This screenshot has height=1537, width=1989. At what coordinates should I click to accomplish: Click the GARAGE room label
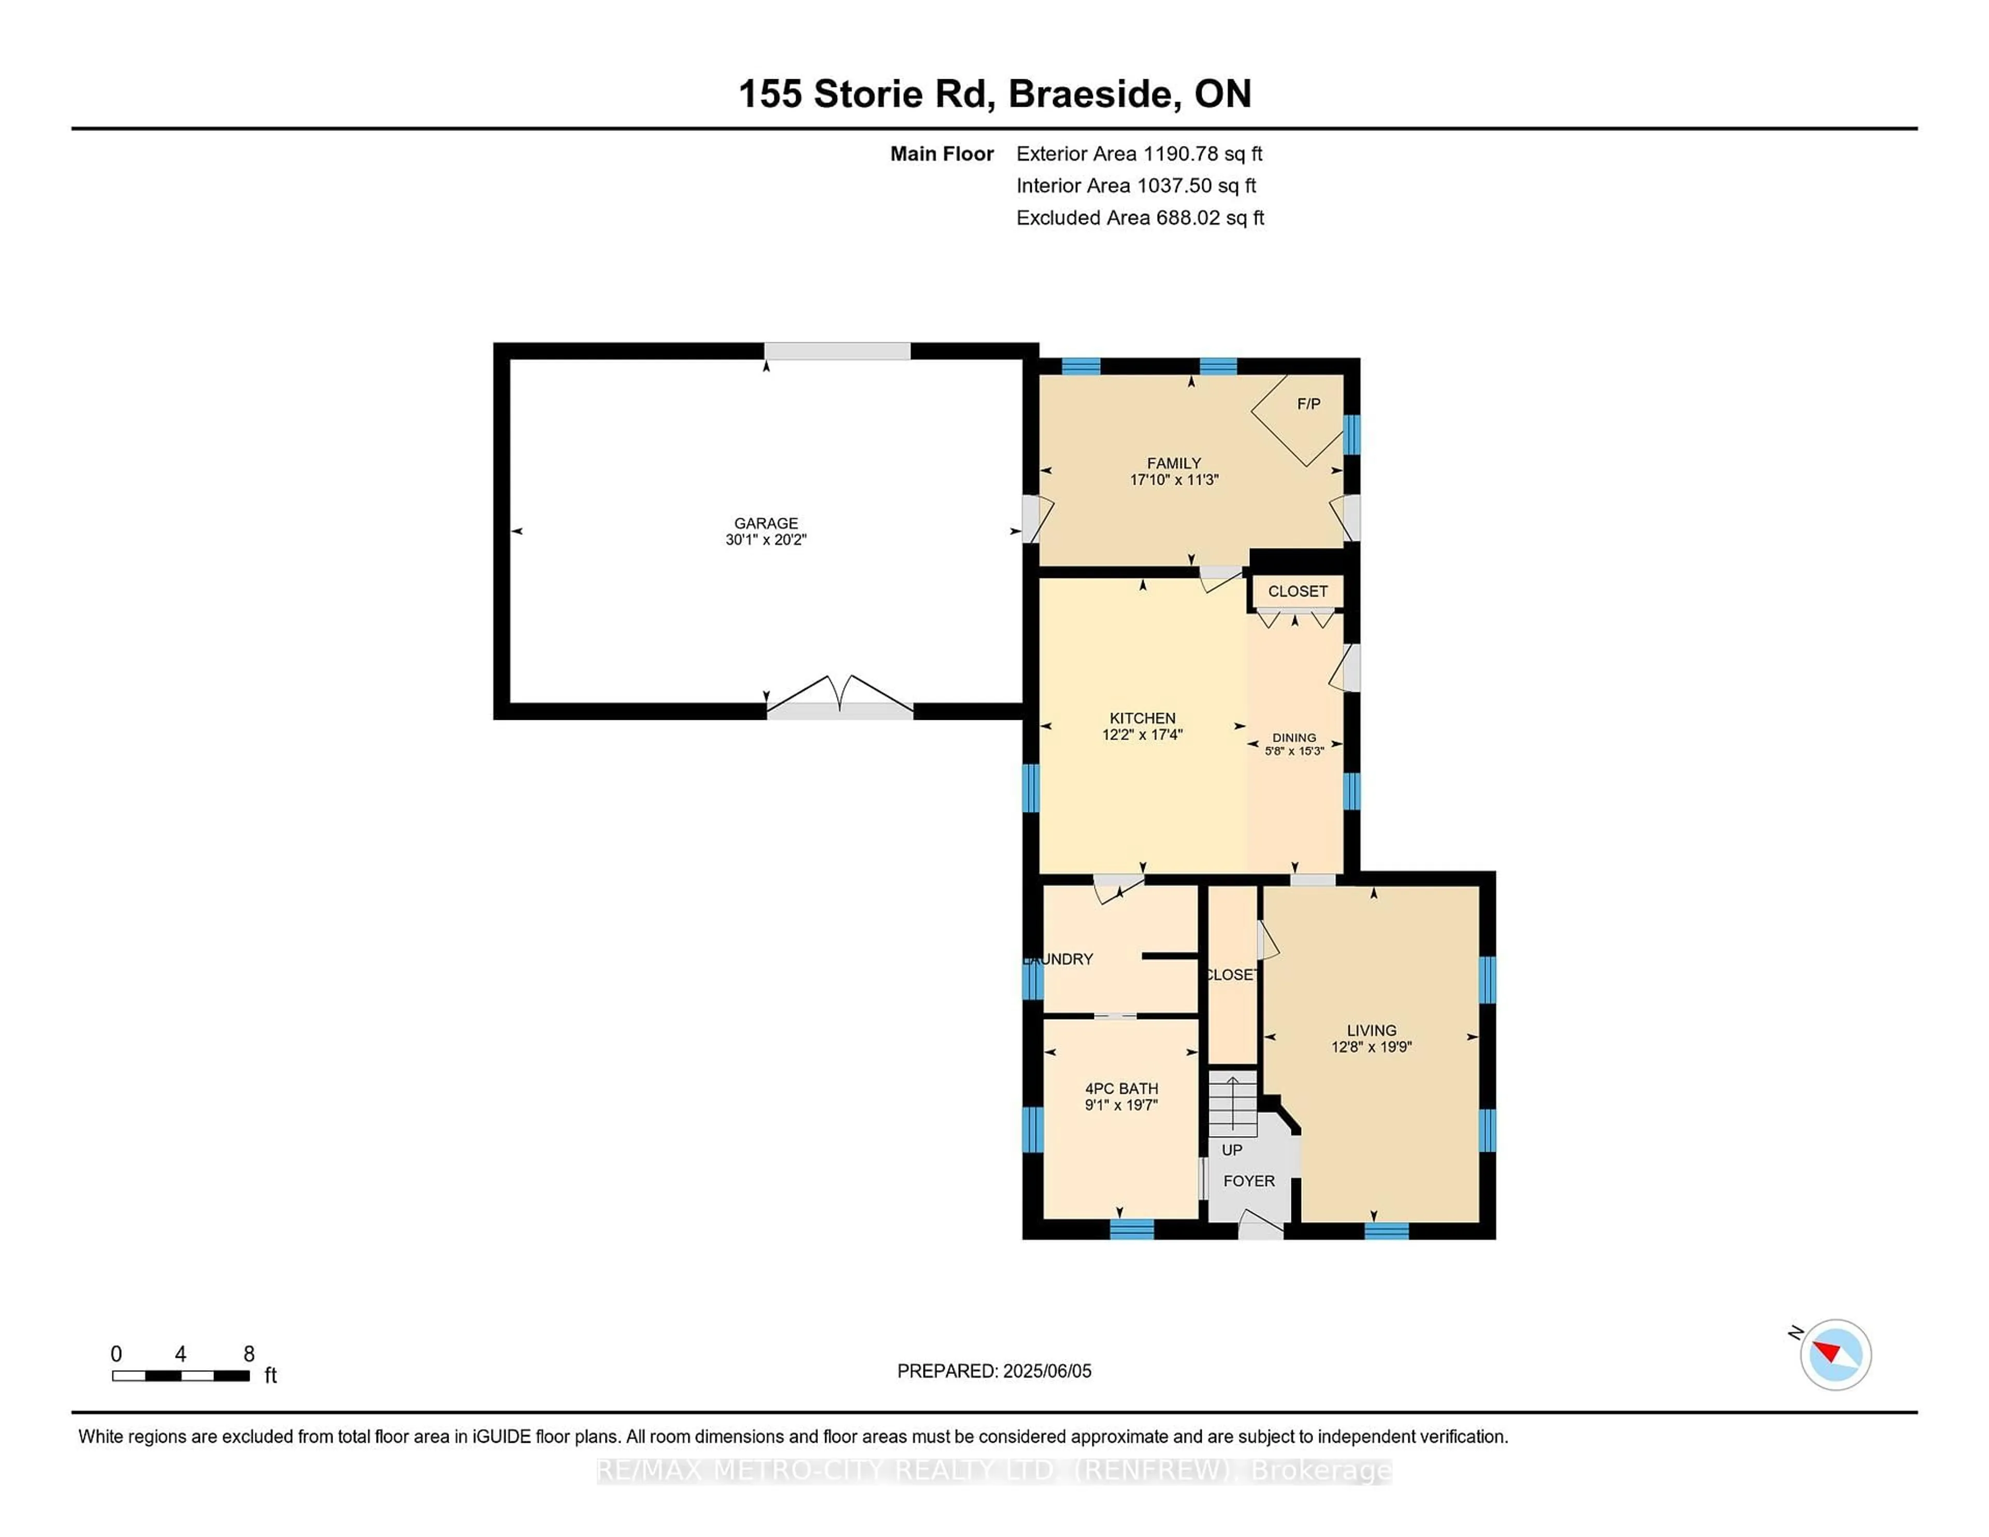click(766, 523)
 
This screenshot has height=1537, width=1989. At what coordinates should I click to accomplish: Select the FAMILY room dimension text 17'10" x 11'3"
click(1174, 480)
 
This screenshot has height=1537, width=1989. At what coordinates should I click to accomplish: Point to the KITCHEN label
click(1142, 718)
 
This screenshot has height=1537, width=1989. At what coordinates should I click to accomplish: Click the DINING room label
click(1294, 737)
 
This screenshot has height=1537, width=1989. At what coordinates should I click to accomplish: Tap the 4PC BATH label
click(1121, 1088)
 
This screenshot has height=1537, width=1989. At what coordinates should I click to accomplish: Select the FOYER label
click(1249, 1181)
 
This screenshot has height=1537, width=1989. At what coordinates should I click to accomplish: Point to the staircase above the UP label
click(1232, 1104)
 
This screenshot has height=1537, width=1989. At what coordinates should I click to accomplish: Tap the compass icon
click(1835, 1354)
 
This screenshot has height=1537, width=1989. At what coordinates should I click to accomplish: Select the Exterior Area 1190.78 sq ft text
click(1140, 154)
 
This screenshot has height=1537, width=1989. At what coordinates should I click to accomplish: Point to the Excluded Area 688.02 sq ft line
click(1140, 218)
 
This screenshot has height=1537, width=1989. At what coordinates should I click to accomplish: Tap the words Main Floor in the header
click(942, 154)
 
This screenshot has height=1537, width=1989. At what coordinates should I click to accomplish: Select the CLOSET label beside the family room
click(1298, 591)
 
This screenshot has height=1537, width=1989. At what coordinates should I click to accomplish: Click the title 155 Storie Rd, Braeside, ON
click(994, 94)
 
